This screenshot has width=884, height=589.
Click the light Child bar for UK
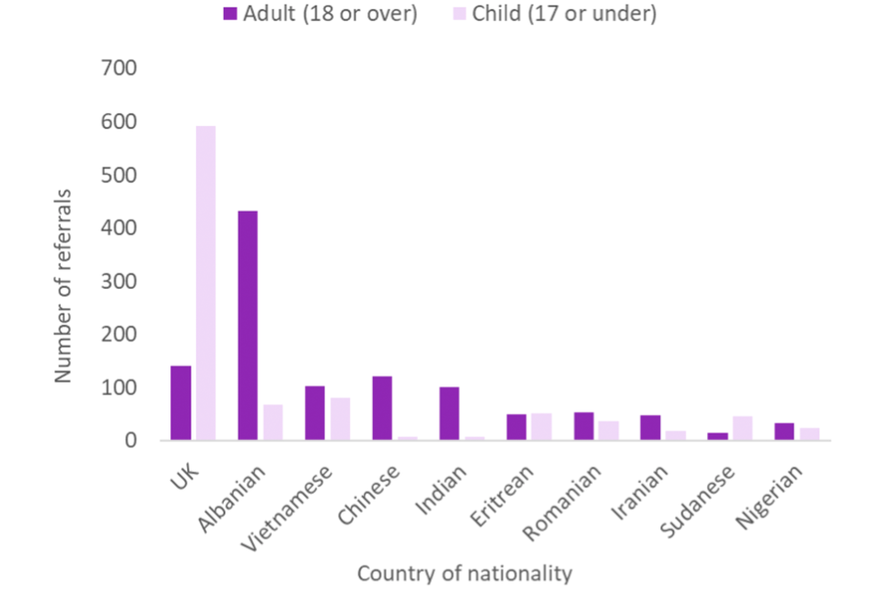tap(205, 283)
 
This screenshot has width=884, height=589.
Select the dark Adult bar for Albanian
tap(247, 326)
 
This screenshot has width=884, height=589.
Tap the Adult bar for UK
tap(180, 403)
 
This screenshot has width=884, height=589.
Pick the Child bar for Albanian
tap(273, 422)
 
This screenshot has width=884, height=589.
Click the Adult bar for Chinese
tap(382, 409)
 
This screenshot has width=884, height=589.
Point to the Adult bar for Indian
tap(448, 413)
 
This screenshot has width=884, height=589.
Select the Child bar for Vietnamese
tap(340, 419)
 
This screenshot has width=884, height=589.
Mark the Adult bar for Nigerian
tap(785, 432)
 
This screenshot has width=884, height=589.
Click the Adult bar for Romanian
tap(583, 426)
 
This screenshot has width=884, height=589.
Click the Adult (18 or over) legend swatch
tap(229, 15)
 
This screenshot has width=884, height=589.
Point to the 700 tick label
tap(118, 68)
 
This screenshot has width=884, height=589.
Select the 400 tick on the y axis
tap(118, 227)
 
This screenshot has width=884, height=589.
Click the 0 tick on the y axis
tap(132, 440)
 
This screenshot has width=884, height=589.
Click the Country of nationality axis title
tap(464, 573)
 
